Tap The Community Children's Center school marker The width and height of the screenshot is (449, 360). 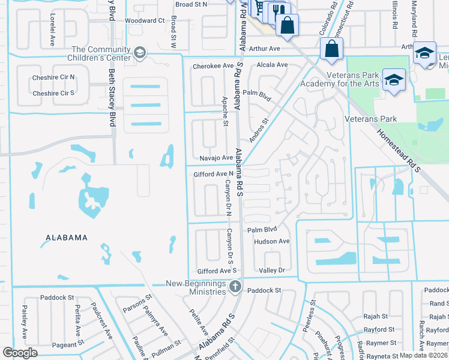tap(140, 53)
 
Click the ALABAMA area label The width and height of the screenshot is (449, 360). tap(67, 238)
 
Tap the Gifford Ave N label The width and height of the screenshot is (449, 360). tap(213, 174)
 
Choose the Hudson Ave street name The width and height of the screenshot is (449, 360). tap(271, 241)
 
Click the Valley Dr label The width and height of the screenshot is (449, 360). tap(271, 271)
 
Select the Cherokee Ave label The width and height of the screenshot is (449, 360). tap(212, 65)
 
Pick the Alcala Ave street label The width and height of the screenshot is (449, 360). tap(272, 65)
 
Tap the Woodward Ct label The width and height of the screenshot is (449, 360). tap(144, 20)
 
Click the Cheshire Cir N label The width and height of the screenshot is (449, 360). tap(54, 77)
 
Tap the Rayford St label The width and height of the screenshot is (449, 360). tap(379, 329)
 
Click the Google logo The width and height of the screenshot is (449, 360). tap(20, 353)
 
